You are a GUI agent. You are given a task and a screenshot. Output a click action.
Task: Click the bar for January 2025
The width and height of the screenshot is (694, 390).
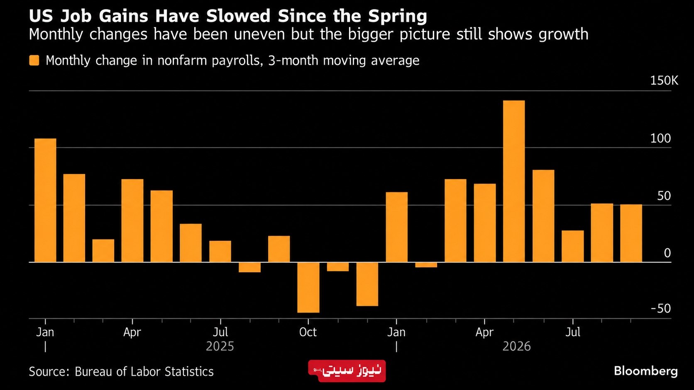pyautogui.click(x=45, y=200)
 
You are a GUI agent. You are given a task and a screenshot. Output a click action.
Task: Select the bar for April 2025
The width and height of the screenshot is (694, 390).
pyautogui.click(x=132, y=220)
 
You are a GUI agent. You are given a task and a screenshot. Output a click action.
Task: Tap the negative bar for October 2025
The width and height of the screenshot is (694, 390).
pyautogui.click(x=308, y=287)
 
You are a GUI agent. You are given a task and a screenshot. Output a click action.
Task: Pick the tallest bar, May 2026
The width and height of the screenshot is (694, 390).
pyautogui.click(x=514, y=181)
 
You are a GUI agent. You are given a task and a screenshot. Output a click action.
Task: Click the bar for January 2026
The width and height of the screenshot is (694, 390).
pyautogui.click(x=396, y=227)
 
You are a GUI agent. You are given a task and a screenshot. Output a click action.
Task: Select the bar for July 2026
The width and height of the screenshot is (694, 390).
pyautogui.click(x=572, y=246)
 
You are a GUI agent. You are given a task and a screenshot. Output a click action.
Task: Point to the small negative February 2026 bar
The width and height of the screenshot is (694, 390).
pyautogui.click(x=426, y=265)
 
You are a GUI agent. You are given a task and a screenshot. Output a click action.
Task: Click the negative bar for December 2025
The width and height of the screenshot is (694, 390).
pyautogui.click(x=367, y=284)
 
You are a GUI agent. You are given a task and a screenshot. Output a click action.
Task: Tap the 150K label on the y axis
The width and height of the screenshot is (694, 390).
pyautogui.click(x=664, y=81)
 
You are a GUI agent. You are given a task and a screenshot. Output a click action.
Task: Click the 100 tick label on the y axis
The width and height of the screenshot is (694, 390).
pyautogui.click(x=660, y=138)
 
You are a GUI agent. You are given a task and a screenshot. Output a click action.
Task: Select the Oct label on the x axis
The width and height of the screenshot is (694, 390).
pyautogui.click(x=308, y=332)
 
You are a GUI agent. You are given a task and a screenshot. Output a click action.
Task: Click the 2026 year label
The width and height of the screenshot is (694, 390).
pyautogui.click(x=516, y=346)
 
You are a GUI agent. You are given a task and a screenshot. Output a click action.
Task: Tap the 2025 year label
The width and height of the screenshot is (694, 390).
pyautogui.click(x=220, y=346)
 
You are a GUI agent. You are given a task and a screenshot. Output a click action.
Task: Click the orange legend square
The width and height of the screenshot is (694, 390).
pyautogui.click(x=34, y=61)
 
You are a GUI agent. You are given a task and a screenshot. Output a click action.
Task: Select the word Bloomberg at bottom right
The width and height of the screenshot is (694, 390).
pyautogui.click(x=646, y=371)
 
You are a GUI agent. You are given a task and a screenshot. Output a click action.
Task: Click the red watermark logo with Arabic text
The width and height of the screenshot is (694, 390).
pyautogui.click(x=347, y=371)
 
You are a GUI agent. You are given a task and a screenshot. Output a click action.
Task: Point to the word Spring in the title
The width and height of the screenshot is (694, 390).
pyautogui.click(x=398, y=17)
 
